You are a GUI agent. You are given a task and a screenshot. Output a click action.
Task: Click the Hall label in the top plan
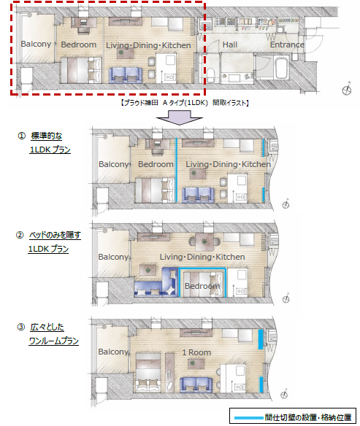coord(230,44)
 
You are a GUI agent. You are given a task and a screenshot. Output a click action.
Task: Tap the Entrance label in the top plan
coord(287,44)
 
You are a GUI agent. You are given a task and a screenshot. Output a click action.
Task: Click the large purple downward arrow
coord(180,117)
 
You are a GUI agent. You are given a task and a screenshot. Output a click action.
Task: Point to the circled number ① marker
coord(21,136)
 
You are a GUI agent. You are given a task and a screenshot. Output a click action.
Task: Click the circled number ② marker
coord(20,235)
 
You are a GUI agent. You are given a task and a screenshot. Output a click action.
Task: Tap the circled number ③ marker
coord(21,327)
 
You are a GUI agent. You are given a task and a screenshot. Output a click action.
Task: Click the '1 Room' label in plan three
coord(196,352)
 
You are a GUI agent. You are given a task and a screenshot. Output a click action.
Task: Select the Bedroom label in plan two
coord(202,286)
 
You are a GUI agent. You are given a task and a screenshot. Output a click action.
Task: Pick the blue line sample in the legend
coord(249,417)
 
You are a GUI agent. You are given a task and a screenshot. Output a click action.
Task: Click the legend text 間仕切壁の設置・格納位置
coord(308,417)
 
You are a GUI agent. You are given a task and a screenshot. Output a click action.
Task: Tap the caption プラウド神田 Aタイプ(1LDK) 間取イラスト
coord(184,103)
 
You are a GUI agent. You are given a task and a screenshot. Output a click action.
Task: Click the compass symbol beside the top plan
coord(347,90)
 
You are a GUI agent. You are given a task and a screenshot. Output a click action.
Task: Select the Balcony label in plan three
coord(113,352)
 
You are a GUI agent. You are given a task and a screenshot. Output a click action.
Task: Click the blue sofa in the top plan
coord(126,75)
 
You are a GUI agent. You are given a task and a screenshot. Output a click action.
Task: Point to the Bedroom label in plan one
coord(156,164)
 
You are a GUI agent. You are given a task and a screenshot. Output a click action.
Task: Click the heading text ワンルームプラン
coord(54,341)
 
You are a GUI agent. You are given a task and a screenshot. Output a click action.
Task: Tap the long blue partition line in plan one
coord(177,170)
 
